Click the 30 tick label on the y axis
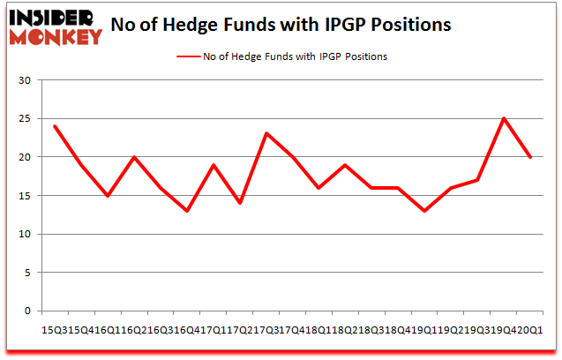click(25, 80)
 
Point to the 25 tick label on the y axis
click(25, 119)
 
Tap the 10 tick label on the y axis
click(25, 234)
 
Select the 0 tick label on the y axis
click(27, 311)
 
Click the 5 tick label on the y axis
click(27, 273)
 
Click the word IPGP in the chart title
click(335, 25)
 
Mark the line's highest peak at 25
click(504, 118)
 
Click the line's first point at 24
click(55, 126)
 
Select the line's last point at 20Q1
click(530, 157)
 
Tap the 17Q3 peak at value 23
click(266, 133)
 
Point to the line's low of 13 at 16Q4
click(187, 211)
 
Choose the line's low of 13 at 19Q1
click(424, 211)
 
